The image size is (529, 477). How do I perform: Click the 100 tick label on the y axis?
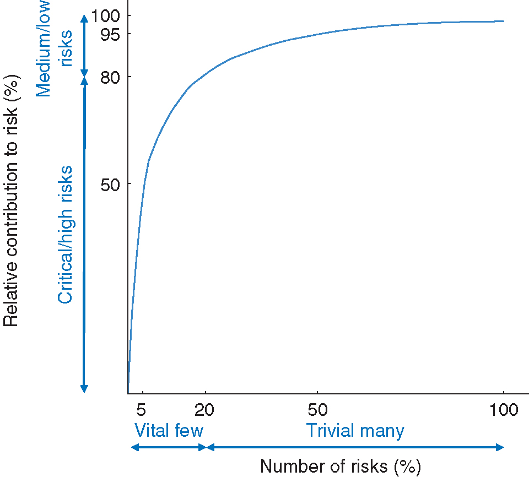(x=105, y=15)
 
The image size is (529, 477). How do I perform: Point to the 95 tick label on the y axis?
(x=109, y=34)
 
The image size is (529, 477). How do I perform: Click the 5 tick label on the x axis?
(x=141, y=410)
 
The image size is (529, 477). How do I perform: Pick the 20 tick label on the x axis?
(x=205, y=410)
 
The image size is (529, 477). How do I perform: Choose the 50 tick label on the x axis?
(x=317, y=410)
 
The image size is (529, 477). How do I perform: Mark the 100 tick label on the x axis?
(x=504, y=410)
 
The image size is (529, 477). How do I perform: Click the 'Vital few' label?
(x=169, y=430)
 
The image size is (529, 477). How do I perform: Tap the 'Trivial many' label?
(x=355, y=430)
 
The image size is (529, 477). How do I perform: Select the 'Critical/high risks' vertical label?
(x=66, y=235)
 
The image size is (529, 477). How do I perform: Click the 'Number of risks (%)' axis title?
(x=341, y=467)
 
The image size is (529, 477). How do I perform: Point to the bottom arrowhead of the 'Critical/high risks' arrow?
(x=84, y=389)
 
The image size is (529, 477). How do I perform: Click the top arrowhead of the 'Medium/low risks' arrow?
(x=84, y=18)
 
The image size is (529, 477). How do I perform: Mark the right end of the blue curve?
(x=504, y=21)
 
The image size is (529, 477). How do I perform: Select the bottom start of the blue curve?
(x=128, y=382)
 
